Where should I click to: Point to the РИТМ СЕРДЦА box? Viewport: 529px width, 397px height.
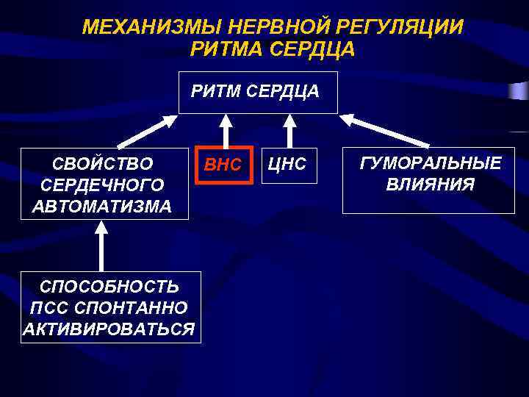[258, 93]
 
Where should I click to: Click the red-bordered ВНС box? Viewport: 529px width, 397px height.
[223, 165]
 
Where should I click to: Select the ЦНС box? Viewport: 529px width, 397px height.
[287, 165]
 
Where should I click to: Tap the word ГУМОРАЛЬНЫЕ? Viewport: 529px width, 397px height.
[430, 163]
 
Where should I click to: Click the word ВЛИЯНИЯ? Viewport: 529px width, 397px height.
[430, 184]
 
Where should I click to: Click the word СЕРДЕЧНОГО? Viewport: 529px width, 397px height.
[103, 185]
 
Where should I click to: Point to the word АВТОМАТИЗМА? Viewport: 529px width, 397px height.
[103, 206]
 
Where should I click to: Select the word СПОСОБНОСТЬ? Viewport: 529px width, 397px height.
[109, 285]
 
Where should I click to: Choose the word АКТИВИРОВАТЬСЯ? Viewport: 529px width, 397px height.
[109, 328]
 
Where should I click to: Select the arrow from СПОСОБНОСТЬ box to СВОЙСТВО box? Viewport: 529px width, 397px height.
[101, 246]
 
